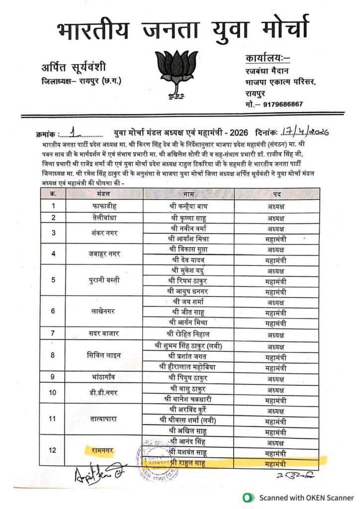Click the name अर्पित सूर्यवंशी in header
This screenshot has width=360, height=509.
point(75,67)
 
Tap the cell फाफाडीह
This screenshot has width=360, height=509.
point(104,205)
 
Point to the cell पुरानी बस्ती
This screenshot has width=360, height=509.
point(104,280)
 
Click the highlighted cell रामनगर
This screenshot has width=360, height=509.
point(104,450)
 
